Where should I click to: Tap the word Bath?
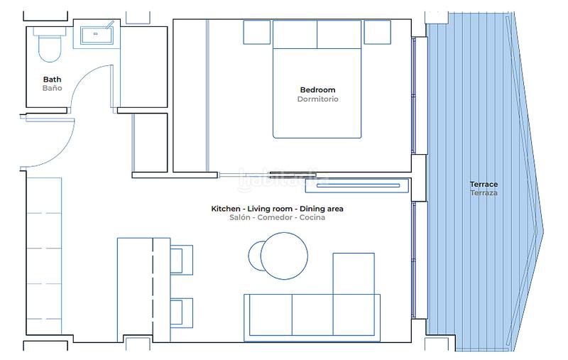click(52, 80)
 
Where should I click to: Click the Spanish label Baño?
click(52, 89)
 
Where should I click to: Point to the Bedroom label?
click(317, 90)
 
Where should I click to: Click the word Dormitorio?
click(317, 99)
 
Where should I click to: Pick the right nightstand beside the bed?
click(377, 32)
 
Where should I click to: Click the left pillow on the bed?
click(295, 34)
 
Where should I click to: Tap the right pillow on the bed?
click(339, 34)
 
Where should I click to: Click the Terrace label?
click(484, 185)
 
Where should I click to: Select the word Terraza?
click(484, 193)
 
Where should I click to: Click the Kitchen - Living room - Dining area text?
click(277, 209)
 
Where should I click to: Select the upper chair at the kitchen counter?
click(181, 259)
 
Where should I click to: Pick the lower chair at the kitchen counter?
click(181, 312)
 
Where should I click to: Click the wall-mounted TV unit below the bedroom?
click(356, 187)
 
